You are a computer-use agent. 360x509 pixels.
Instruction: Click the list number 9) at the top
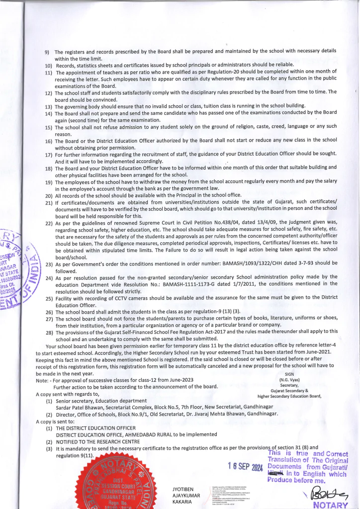click(x=47, y=52)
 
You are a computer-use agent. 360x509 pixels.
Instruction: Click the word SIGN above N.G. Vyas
click(x=289, y=374)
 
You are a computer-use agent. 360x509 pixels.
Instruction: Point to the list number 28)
click(x=49, y=331)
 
